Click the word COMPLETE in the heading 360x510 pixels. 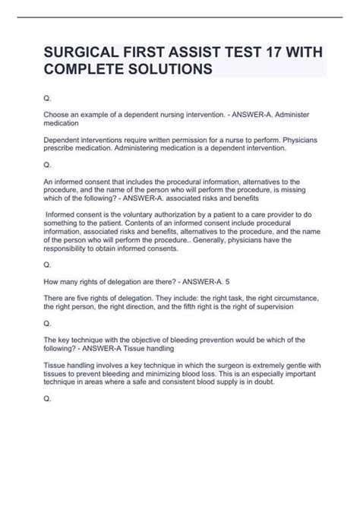point(82,68)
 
